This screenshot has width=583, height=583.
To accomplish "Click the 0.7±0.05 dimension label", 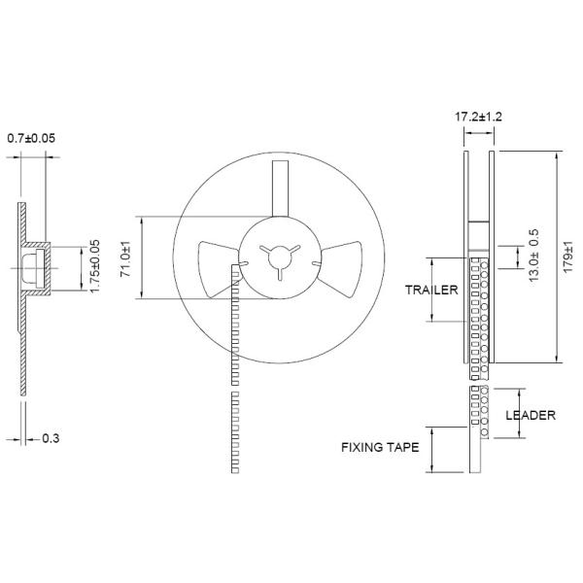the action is (x=31, y=138).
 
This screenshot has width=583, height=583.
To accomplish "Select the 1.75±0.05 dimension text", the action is (x=95, y=266).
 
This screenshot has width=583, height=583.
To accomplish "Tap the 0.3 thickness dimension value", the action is (x=51, y=438).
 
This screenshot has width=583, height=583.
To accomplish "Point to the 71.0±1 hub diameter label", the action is (x=126, y=258).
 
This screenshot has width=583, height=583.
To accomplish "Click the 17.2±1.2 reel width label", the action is (x=478, y=117).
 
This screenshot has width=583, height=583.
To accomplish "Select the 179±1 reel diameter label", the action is (x=567, y=257).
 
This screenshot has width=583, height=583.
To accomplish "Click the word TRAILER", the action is (x=431, y=290).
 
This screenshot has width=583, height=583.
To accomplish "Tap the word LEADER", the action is (x=531, y=415).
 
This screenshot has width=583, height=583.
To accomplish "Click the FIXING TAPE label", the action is (x=380, y=447).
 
